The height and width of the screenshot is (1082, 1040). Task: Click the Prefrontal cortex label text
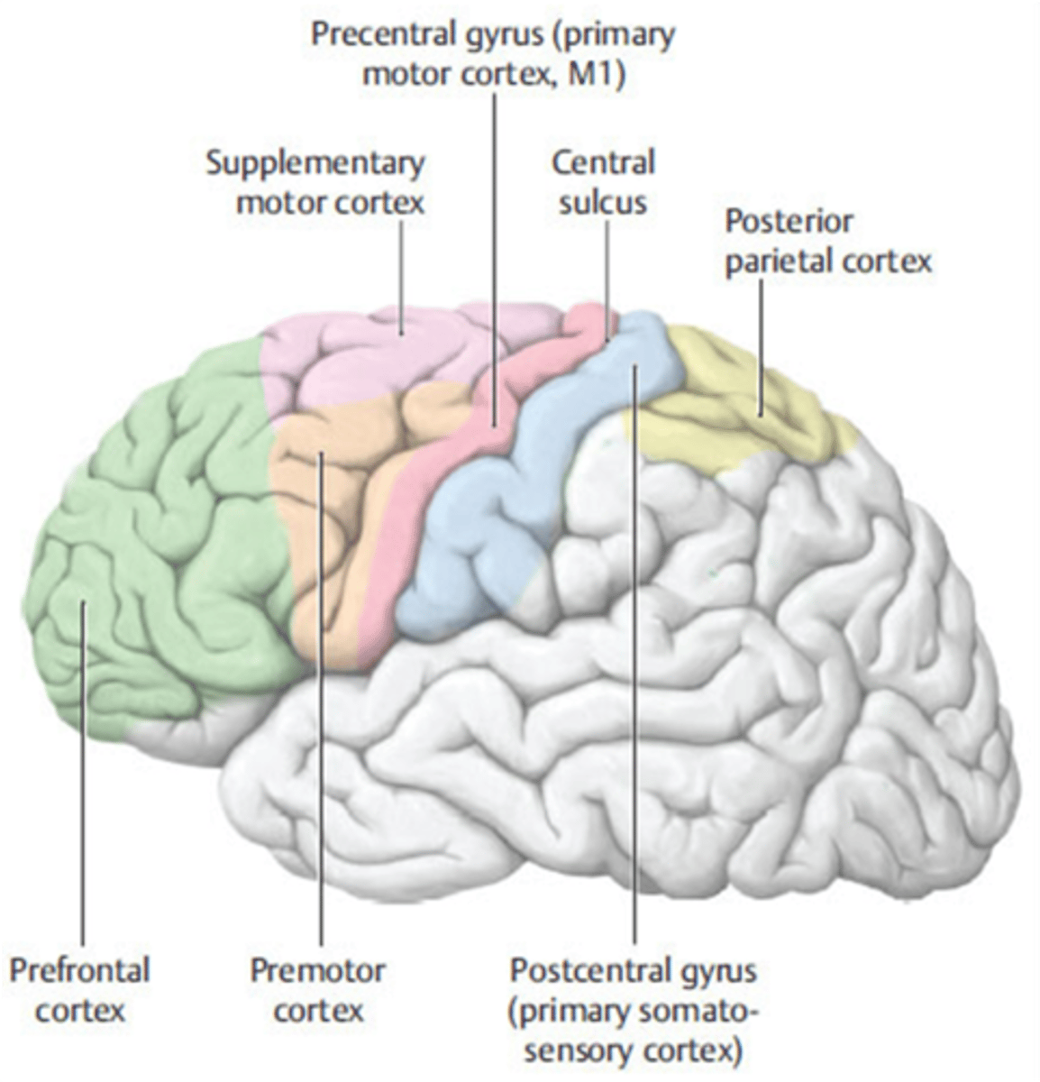click(x=79, y=989)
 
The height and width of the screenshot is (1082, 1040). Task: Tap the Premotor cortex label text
click(x=317, y=989)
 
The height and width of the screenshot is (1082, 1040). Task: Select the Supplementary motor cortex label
click(x=315, y=182)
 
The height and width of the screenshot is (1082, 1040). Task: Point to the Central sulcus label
click(x=603, y=182)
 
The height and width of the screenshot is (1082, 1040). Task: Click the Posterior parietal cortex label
click(x=827, y=241)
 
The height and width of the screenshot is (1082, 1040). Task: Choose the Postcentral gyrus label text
click(x=634, y=1010)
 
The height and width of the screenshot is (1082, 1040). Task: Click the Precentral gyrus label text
click(x=493, y=54)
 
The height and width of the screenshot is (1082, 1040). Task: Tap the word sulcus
click(x=603, y=202)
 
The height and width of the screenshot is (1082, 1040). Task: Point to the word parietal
click(x=780, y=261)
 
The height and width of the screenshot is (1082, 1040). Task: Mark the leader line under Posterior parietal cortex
click(x=761, y=343)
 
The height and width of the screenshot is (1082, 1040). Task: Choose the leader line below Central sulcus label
click(x=607, y=270)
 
